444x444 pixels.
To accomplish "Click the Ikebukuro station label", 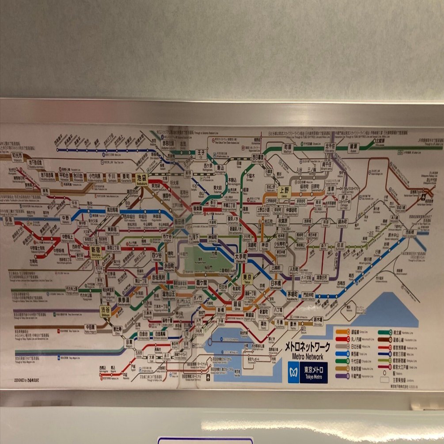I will (142, 179).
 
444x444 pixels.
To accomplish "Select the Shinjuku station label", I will (96, 250).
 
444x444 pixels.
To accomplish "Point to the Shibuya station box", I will (105, 310).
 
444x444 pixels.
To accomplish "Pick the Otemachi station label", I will (241, 257).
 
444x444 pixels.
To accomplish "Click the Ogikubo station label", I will (9, 220).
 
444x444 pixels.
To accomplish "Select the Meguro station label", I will (129, 343).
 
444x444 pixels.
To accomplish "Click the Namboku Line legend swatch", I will (384, 331).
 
